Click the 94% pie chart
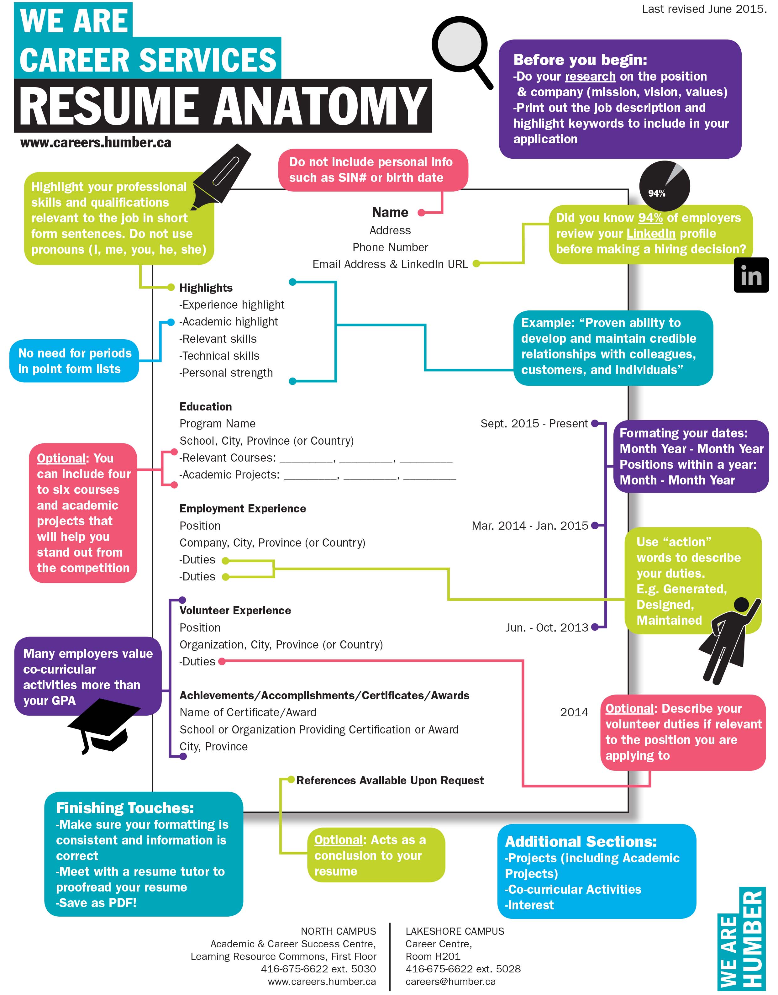665,186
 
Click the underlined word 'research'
590,77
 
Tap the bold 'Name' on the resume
390,212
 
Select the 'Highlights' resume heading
206,288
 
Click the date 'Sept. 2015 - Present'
534,424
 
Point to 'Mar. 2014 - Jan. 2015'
530,526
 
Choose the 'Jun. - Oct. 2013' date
547,628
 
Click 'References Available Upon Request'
390,781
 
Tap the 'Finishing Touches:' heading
125,808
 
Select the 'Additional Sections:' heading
581,841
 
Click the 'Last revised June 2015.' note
704,9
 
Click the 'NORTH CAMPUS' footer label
339,931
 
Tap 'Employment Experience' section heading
243,508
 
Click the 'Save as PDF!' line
96,903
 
